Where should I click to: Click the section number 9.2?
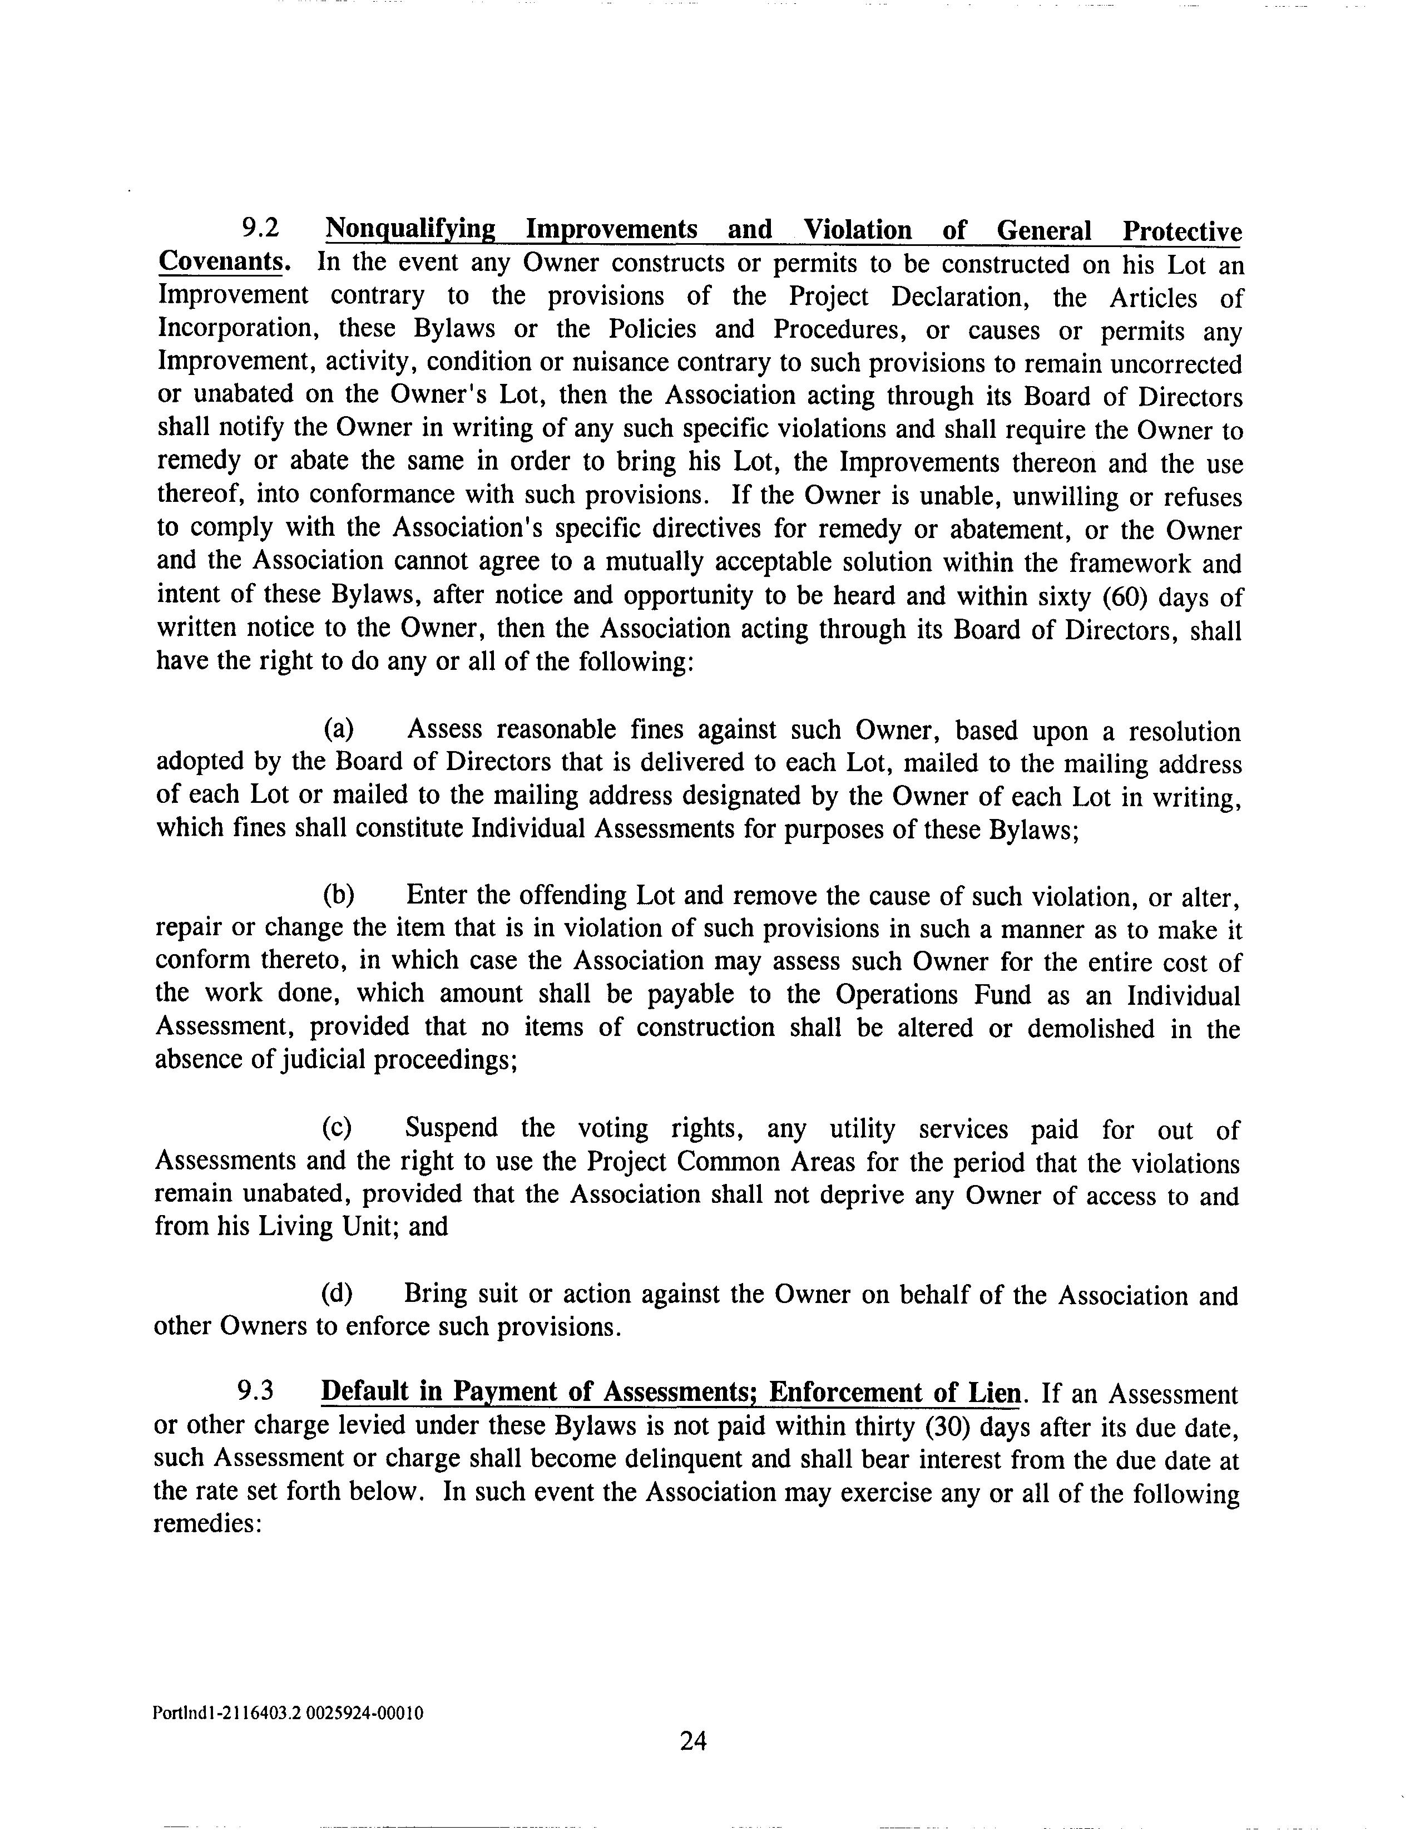(259, 229)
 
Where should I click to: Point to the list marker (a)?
(339, 729)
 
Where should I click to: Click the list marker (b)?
(339, 895)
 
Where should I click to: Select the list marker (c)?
(338, 1128)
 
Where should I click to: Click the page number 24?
(693, 1742)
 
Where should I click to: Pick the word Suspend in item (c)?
(451, 1128)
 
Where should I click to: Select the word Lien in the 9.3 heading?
(995, 1393)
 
